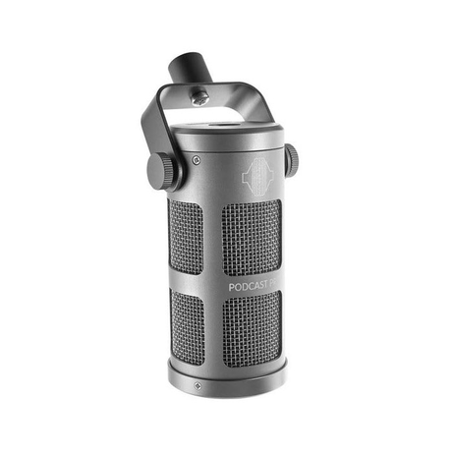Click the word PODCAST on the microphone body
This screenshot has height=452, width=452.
click(x=250, y=287)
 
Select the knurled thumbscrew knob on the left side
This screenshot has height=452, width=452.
click(x=162, y=171)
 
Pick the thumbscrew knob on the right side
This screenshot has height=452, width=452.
click(x=291, y=160)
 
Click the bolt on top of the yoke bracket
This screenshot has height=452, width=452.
click(x=200, y=96)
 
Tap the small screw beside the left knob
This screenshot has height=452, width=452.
click(x=197, y=159)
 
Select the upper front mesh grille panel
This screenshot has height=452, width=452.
click(x=252, y=237)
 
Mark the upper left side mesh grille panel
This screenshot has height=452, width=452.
click(x=185, y=237)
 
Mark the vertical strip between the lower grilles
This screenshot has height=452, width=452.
click(x=214, y=329)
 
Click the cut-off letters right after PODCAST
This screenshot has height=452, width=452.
click(x=278, y=286)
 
